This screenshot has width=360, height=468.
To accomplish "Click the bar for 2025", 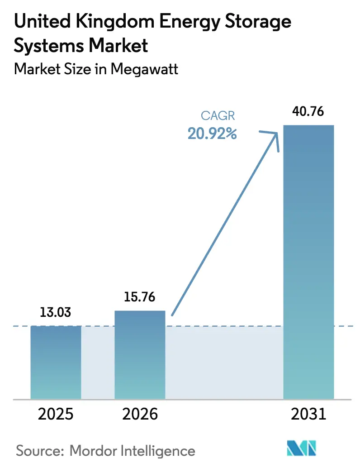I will [56, 362].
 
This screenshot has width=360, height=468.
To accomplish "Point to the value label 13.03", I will [56, 313].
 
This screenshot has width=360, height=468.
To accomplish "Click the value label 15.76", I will [140, 297].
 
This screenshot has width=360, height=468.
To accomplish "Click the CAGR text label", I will [218, 116].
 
